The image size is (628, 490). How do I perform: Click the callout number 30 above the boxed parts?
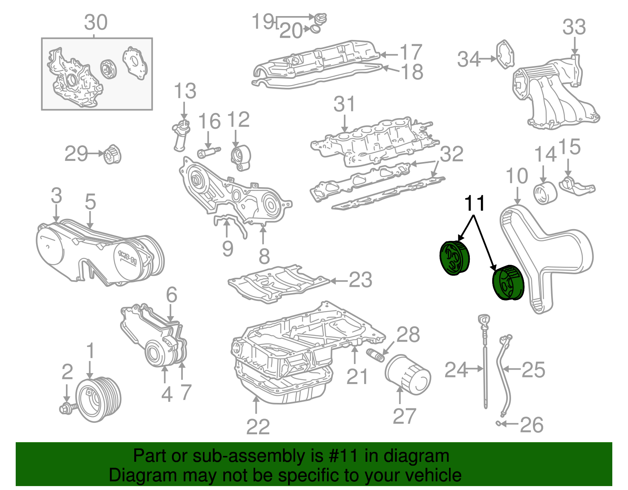click(x=96, y=23)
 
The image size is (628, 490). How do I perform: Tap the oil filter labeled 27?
click(x=407, y=374)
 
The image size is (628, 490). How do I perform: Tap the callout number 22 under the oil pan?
click(x=258, y=427)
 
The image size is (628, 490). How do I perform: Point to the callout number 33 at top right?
click(x=574, y=27)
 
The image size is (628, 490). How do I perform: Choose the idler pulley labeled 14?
click(x=545, y=193)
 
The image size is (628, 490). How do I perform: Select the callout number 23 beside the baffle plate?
click(x=360, y=280)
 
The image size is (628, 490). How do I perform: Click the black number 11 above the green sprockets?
click(x=475, y=203)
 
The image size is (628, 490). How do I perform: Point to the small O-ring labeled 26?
click(x=498, y=423)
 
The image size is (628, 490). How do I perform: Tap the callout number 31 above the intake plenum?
click(x=344, y=104)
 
